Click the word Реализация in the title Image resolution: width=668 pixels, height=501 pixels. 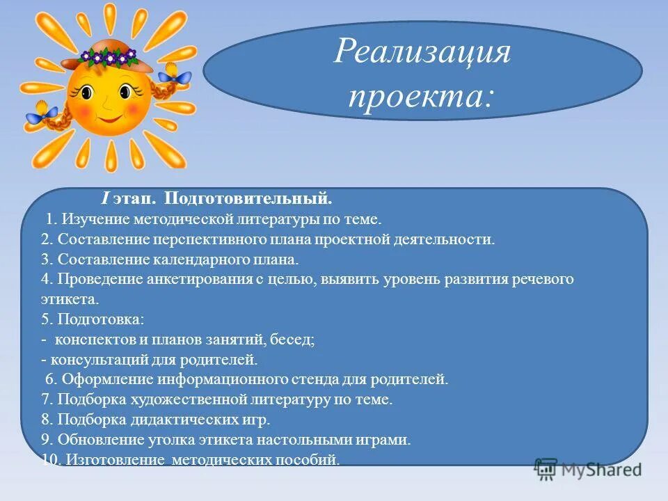pyautogui.click(x=422, y=52)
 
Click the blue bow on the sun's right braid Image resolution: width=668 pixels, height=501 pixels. pyautogui.click(x=177, y=78)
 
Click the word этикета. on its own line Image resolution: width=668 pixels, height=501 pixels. pyautogui.click(x=70, y=299)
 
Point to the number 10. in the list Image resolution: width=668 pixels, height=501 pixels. pyautogui.click(x=33, y=459)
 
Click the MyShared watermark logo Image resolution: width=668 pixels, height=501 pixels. pyautogui.click(x=588, y=469)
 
